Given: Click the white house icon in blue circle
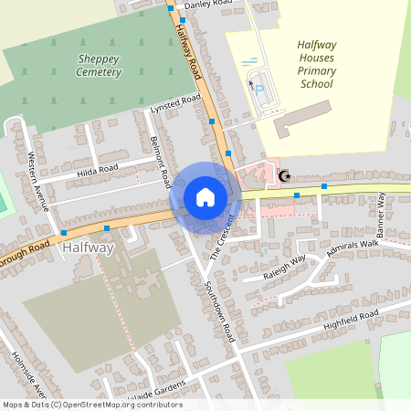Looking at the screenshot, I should (x=205, y=196).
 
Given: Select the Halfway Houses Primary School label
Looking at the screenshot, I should (x=317, y=63).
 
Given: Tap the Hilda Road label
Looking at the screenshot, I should (x=98, y=170).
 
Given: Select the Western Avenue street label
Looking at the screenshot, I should (x=39, y=179).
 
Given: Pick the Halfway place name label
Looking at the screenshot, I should (x=88, y=248).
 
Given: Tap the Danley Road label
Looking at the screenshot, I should (x=209, y=5).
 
